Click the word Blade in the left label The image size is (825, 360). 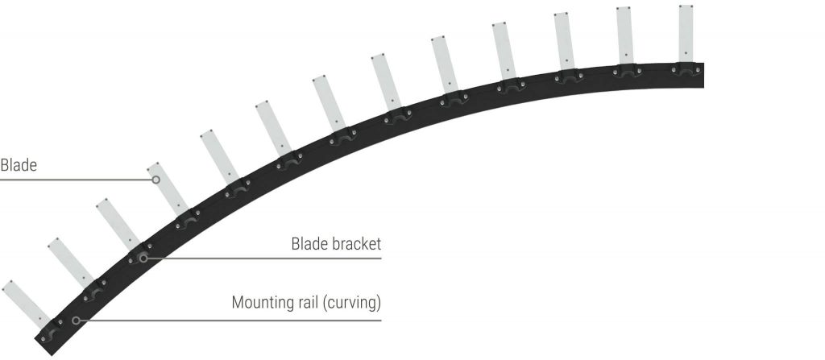(x=19, y=165)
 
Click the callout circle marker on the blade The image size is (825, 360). (x=155, y=180)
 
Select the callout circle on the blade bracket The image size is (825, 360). (x=143, y=259)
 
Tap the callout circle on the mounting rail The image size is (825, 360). (x=76, y=321)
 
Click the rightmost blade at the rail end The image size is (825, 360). (x=686, y=34)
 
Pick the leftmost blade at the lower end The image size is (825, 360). (x=27, y=304)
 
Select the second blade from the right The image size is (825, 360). (x=624, y=35)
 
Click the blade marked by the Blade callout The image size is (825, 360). (x=167, y=188)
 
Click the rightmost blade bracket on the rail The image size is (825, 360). (x=686, y=69)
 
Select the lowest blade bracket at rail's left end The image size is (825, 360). (x=52, y=330)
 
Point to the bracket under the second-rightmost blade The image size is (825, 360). (x=627, y=71)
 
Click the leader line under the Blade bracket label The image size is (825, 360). (x=264, y=259)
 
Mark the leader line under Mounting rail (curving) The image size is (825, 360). (x=230, y=321)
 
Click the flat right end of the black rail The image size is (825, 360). (x=703, y=75)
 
